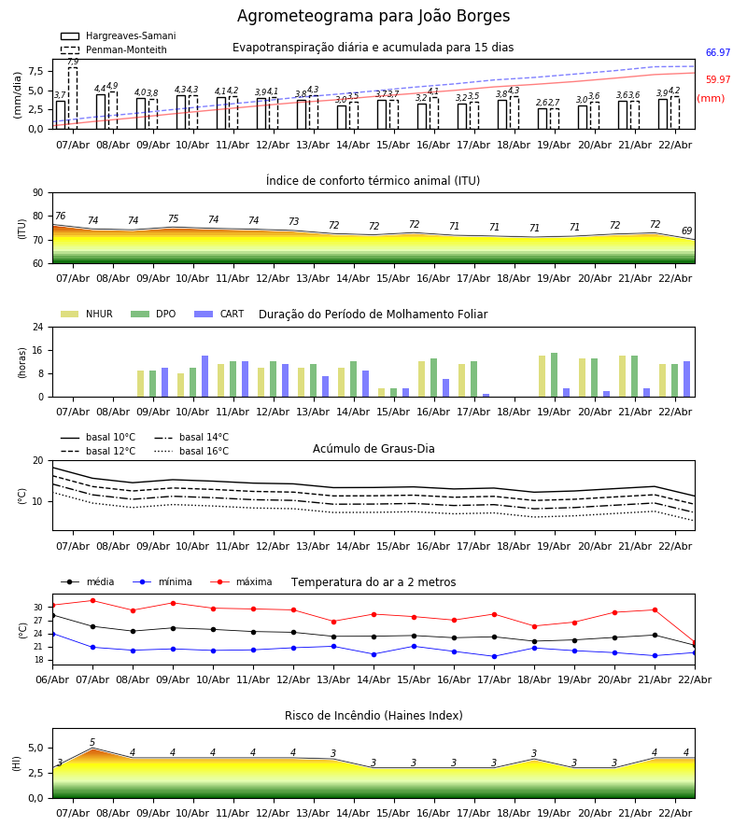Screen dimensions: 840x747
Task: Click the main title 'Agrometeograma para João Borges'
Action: point(373,17)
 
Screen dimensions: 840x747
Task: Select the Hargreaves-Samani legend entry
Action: point(118,36)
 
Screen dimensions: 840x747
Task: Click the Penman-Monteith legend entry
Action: point(113,50)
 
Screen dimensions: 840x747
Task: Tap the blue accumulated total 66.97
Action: point(717,53)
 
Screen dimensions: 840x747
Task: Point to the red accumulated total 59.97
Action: point(717,80)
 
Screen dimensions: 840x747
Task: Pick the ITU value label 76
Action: point(60,217)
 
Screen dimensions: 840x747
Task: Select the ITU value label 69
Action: point(686,231)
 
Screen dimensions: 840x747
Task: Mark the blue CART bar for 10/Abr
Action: point(204,376)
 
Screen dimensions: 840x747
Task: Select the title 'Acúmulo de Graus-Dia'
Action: point(373,449)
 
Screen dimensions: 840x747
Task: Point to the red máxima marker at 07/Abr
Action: point(92,600)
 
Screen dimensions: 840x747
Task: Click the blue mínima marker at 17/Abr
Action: point(494,656)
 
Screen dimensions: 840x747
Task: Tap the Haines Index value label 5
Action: point(92,743)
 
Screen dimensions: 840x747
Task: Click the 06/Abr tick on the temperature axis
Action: point(52,679)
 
